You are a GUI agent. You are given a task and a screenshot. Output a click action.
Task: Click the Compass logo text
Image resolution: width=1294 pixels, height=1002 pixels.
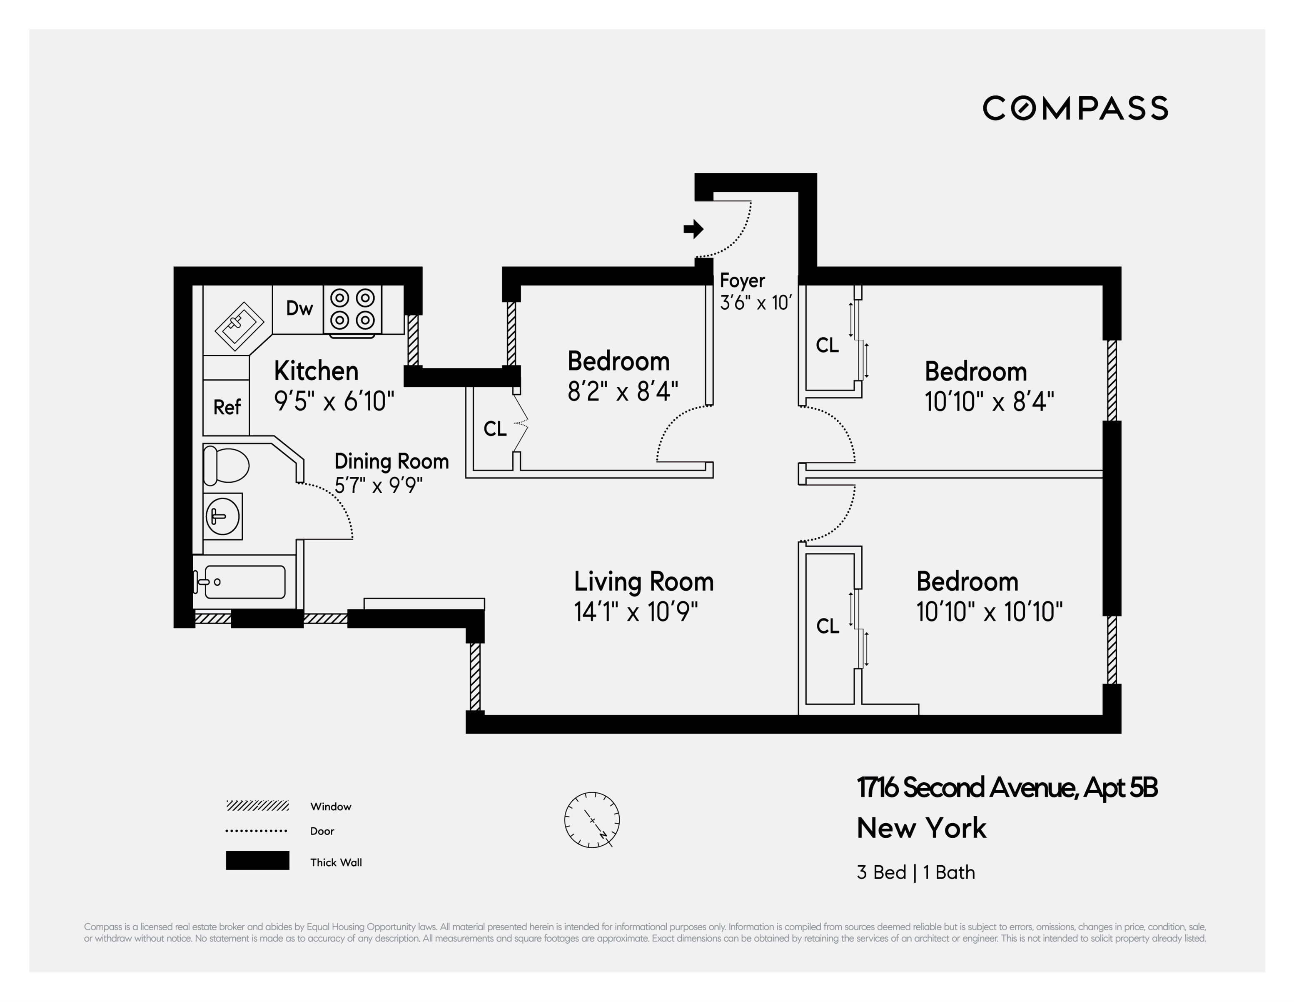[x=1075, y=108]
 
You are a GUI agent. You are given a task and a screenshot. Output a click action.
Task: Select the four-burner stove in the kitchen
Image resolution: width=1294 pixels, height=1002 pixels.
[x=352, y=309]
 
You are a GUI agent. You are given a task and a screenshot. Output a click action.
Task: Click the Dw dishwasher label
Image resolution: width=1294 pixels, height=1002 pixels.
[x=299, y=308]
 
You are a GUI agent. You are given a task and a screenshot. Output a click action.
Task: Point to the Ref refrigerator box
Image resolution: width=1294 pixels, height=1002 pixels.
[x=226, y=407]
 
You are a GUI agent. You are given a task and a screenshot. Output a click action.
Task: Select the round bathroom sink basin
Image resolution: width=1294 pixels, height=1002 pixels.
[x=222, y=516]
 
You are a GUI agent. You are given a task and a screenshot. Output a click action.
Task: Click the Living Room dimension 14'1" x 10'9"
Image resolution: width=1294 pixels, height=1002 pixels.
[x=636, y=612]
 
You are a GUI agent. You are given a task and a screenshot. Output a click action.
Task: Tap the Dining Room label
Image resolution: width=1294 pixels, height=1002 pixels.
[x=391, y=461]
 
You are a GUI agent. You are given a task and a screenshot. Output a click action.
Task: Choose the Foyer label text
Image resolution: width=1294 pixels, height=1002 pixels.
[x=742, y=281]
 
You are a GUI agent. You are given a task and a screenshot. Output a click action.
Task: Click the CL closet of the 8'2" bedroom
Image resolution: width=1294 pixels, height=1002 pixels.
[x=495, y=428]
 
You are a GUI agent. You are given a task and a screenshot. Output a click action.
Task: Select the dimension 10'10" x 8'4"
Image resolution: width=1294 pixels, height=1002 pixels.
[x=989, y=402]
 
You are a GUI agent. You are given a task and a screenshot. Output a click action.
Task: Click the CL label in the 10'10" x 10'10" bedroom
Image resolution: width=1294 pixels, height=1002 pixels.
[x=827, y=626]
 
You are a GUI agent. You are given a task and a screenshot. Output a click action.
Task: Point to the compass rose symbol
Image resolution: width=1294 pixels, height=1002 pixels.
[x=592, y=819]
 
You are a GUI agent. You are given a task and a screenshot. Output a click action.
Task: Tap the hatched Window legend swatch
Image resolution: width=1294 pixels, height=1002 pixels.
[x=257, y=806]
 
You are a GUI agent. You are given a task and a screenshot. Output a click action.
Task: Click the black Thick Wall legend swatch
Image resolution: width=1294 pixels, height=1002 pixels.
[x=257, y=860]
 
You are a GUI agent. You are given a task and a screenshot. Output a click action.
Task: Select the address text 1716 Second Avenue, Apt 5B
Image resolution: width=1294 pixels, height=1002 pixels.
[x=1007, y=787]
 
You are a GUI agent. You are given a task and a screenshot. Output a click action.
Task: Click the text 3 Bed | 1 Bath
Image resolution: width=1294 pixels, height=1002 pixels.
[x=915, y=872]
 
